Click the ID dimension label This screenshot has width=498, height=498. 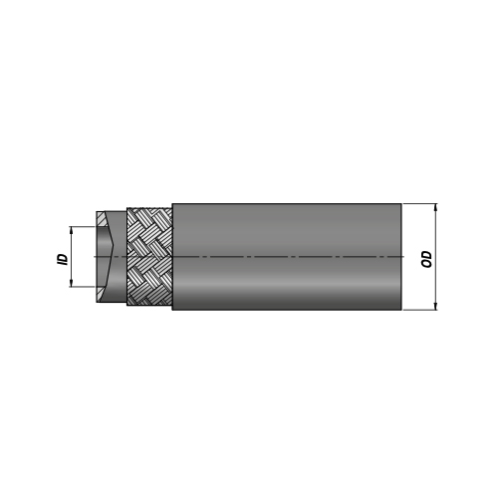point(63,259)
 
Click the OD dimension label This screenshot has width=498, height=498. point(426,259)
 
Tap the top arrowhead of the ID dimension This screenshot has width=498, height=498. point(71,230)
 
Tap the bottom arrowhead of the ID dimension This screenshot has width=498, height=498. point(71,283)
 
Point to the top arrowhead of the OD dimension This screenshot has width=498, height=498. point(435,207)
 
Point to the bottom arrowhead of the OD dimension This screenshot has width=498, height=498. point(435,306)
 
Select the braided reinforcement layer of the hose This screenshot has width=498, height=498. point(149,257)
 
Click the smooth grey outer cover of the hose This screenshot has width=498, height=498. point(287,257)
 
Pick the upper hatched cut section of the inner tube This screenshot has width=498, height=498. point(101,219)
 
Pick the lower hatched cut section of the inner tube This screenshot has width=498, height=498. point(101,294)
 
